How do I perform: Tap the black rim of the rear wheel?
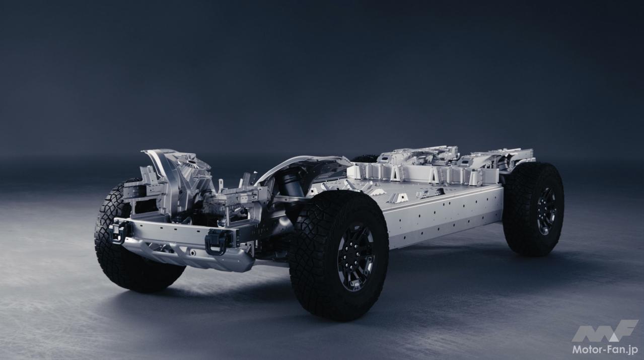(x=546, y=211)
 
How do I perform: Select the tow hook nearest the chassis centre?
(x=217, y=242)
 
